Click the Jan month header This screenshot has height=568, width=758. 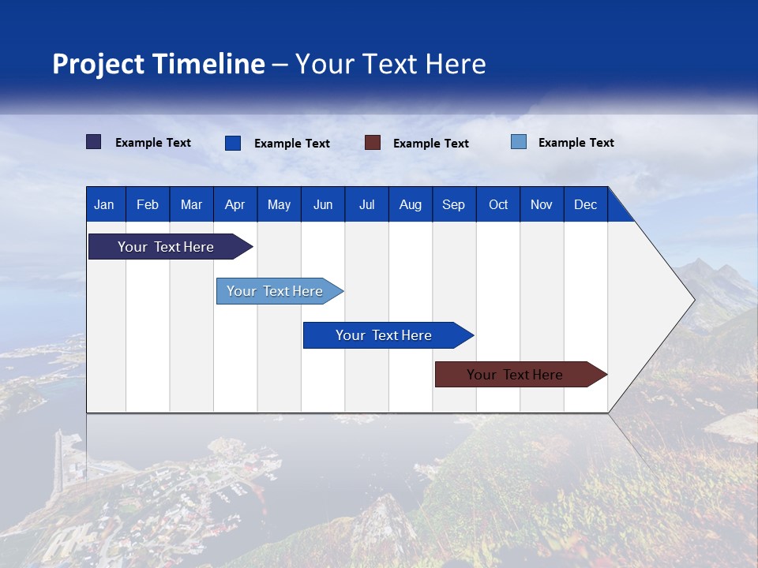click(x=104, y=204)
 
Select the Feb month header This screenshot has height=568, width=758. click(x=148, y=204)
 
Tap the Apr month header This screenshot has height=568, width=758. click(x=235, y=204)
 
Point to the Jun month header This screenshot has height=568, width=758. click(x=323, y=204)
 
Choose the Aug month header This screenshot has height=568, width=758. click(x=411, y=204)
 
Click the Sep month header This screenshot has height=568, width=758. click(x=454, y=204)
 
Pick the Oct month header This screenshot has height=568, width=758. click(x=498, y=204)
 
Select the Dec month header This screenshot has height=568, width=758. click(x=586, y=204)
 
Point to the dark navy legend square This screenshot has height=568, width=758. click(x=94, y=142)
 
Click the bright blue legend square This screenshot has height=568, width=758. click(x=233, y=143)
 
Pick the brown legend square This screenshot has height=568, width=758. click(x=373, y=143)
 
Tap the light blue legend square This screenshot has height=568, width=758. click(x=519, y=142)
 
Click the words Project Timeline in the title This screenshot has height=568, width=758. click(x=159, y=64)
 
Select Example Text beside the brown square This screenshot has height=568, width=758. click(x=431, y=144)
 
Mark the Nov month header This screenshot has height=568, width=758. click(x=542, y=204)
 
